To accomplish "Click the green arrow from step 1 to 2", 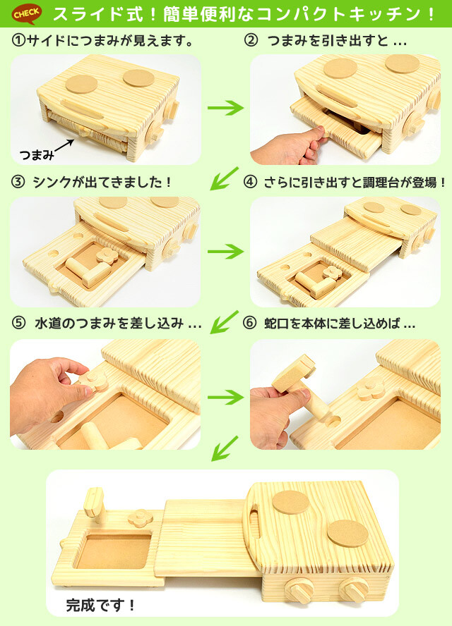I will (x=225, y=109).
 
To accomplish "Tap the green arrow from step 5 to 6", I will (x=225, y=397).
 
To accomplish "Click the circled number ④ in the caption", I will (x=250, y=182).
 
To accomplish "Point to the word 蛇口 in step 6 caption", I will (x=276, y=324).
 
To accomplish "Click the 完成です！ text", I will (x=101, y=604).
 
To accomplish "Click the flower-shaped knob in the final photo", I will (x=140, y=517).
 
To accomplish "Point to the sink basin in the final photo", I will (x=114, y=551).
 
